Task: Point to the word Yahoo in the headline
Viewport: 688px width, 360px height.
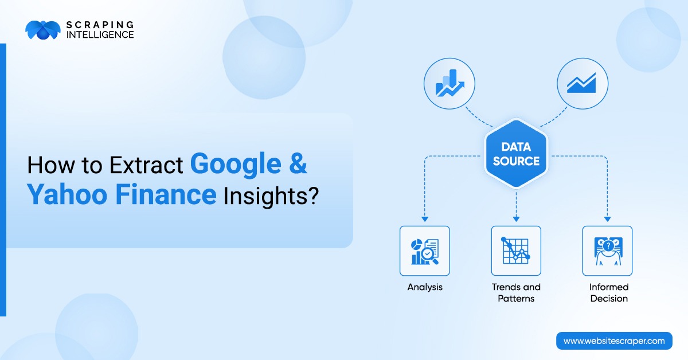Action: tap(68, 195)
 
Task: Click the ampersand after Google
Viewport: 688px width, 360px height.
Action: tap(296, 164)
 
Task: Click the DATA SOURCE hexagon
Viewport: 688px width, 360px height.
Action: tap(516, 154)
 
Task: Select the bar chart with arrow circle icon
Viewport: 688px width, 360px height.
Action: tap(449, 84)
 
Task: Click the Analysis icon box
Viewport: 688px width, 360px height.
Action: tap(424, 251)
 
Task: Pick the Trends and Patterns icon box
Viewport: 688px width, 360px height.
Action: tap(516, 251)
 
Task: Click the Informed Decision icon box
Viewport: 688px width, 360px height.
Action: tap(607, 251)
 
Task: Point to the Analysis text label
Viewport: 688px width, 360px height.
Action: tap(425, 287)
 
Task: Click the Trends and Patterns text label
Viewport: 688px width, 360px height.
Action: tap(516, 292)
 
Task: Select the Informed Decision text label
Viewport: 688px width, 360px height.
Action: tap(609, 292)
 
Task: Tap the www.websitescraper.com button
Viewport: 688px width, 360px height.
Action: tap(614, 341)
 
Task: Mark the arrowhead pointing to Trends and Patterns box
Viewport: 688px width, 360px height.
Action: tap(516, 218)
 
